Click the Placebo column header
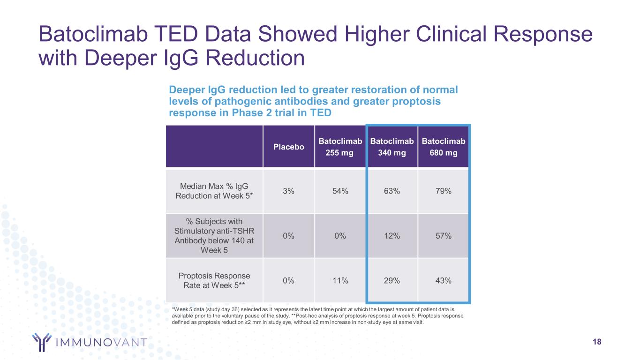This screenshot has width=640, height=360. [288, 147]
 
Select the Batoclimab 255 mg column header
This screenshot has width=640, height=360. [340, 147]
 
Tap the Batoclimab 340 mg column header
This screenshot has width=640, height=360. [392, 147]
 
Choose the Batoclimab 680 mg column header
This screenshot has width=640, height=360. [443, 147]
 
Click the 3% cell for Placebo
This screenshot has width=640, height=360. [288, 191]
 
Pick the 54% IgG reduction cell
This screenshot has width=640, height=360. [340, 191]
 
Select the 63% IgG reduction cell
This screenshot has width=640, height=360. [392, 191]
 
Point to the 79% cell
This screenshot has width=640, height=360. [443, 191]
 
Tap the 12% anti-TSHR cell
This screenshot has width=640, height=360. [392, 236]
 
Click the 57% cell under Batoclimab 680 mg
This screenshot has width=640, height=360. [443, 236]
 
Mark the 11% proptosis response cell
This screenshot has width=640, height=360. [340, 280]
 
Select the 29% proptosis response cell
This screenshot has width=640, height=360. [392, 280]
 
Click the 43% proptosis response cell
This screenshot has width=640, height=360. [443, 280]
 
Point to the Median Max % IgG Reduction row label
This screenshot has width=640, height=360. [214, 191]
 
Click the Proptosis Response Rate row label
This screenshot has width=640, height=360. [214, 280]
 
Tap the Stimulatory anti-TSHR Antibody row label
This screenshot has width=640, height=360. [214, 235]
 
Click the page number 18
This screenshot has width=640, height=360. [597, 342]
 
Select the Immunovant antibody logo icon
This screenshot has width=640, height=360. [41, 342]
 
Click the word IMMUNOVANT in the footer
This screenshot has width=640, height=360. [101, 342]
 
